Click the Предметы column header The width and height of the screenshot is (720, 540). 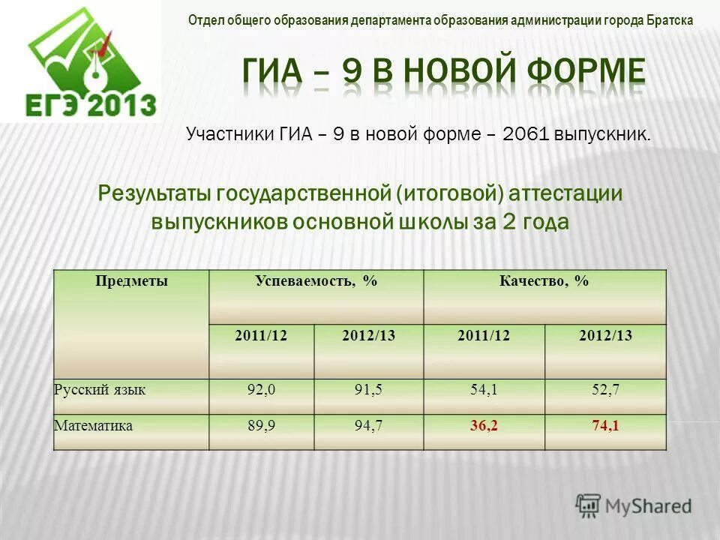[x=131, y=281]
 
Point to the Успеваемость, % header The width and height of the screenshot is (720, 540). [x=316, y=281]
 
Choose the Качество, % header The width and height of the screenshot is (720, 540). [x=544, y=281]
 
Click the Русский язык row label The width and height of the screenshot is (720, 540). [x=100, y=389]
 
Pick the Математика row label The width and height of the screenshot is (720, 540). [x=94, y=426]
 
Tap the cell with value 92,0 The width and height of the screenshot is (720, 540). [x=261, y=389]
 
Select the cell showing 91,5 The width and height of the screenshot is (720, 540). [x=368, y=389]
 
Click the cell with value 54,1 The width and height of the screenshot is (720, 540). [x=484, y=389]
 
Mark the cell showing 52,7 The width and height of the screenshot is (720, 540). [x=604, y=389]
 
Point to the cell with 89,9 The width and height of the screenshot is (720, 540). [x=261, y=426]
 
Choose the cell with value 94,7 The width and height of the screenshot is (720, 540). [x=368, y=426]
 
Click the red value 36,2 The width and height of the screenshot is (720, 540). [x=484, y=426]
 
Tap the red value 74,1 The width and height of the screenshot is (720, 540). [x=604, y=426]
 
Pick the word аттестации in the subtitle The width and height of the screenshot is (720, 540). [x=566, y=193]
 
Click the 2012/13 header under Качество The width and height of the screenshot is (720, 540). [x=605, y=336]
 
